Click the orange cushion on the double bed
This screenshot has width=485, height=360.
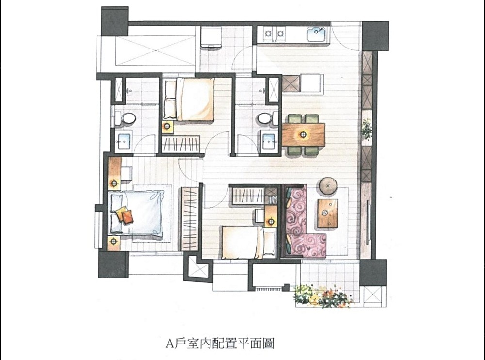(127, 217)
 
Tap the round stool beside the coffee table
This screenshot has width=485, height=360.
(329, 185)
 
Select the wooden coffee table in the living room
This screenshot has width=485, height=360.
(327, 213)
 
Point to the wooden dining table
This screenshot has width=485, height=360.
(303, 134)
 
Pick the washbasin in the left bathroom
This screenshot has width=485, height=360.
(124, 141)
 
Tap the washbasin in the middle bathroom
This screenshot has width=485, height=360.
(269, 141)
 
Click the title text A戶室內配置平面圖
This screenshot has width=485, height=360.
(220, 344)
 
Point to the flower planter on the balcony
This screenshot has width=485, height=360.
(323, 296)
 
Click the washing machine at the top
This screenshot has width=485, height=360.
(210, 37)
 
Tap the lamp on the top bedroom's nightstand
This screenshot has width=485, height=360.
(167, 126)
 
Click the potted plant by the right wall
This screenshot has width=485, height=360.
(367, 129)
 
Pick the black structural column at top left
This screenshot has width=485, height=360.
(114, 21)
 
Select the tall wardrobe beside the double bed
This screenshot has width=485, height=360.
(190, 219)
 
